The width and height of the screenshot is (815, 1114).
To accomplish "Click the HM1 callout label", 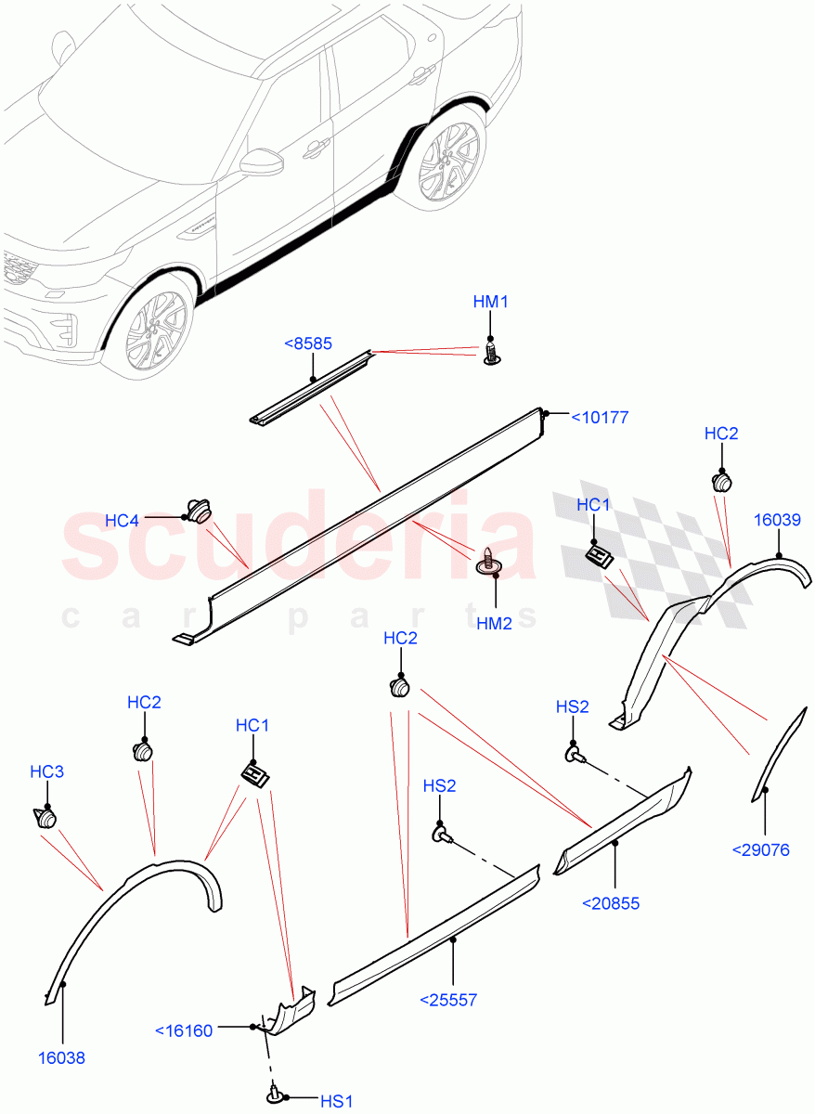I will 491,303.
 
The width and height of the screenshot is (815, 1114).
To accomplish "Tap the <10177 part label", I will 599,418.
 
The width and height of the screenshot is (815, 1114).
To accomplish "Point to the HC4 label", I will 122,521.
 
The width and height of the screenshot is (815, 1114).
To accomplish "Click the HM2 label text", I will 494,624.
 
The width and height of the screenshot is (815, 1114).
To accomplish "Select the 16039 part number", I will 778,521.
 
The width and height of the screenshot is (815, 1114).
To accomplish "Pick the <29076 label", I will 761,849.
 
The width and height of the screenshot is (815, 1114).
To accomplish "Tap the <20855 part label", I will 612,902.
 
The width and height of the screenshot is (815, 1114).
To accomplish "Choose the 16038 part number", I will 62,1057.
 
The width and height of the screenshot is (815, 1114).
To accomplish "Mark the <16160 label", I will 184,1030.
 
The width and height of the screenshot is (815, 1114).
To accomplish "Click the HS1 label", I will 337,1101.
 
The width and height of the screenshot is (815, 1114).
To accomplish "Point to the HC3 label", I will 47,771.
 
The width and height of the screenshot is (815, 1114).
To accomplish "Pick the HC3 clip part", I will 45,818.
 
